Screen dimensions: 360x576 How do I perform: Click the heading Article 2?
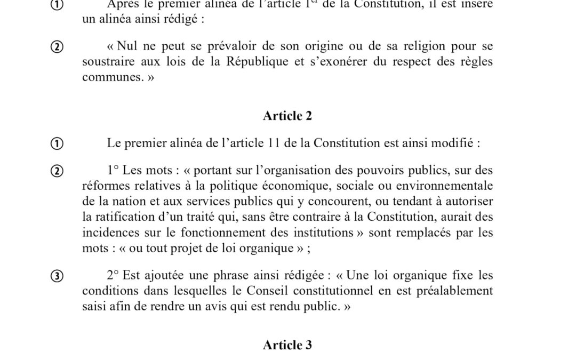(287, 116)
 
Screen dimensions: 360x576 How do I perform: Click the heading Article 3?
(287, 345)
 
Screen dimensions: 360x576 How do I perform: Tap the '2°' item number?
(113, 276)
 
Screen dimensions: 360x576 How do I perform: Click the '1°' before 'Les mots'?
(113, 171)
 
